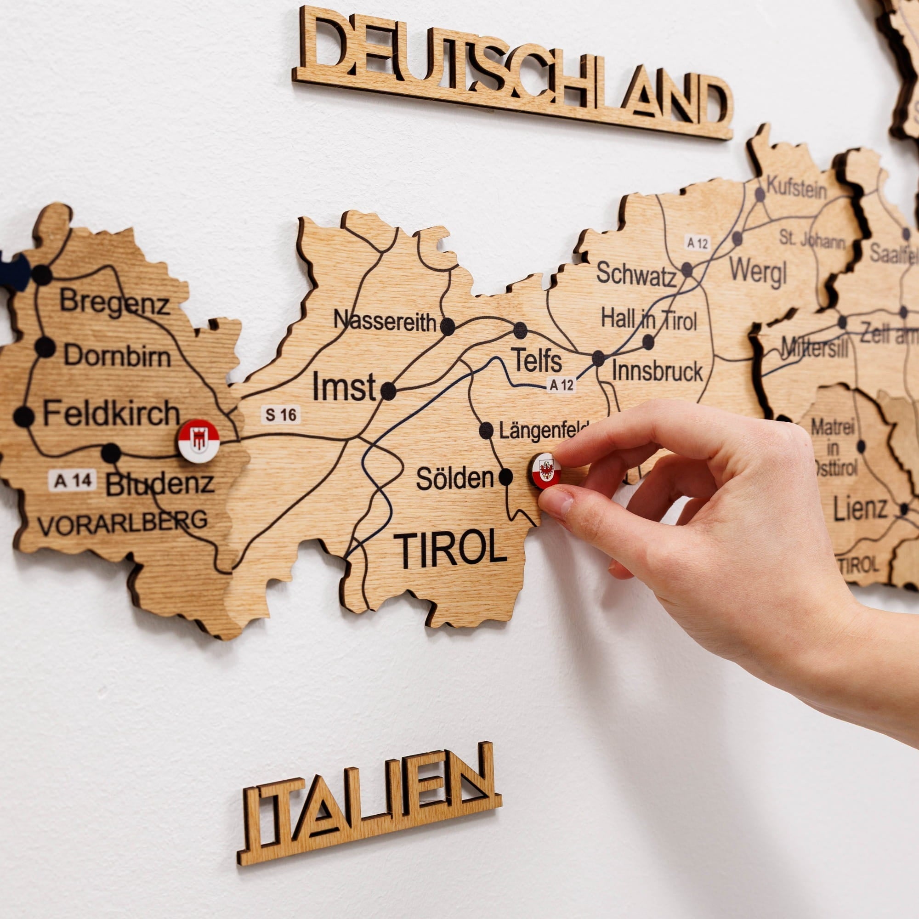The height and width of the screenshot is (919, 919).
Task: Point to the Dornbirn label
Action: (x=117, y=355)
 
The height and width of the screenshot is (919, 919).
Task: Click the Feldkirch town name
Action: (x=111, y=413)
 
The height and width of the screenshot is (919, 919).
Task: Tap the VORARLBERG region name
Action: (x=122, y=523)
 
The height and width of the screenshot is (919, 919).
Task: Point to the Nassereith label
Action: (x=384, y=321)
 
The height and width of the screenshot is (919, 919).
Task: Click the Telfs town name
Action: (x=536, y=360)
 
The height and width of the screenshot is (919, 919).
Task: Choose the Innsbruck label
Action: (x=657, y=371)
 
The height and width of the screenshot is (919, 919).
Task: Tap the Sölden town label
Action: (x=455, y=478)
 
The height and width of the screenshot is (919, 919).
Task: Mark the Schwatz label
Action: (x=636, y=274)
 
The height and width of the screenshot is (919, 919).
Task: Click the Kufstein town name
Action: (x=797, y=189)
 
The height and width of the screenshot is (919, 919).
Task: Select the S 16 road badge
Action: (x=281, y=415)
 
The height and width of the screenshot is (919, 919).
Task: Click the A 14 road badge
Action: (x=72, y=481)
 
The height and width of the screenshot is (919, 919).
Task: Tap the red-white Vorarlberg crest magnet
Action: (x=199, y=441)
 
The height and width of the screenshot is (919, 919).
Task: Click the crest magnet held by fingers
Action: (x=545, y=471)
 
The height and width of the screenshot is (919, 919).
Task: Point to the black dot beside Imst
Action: (x=388, y=391)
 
